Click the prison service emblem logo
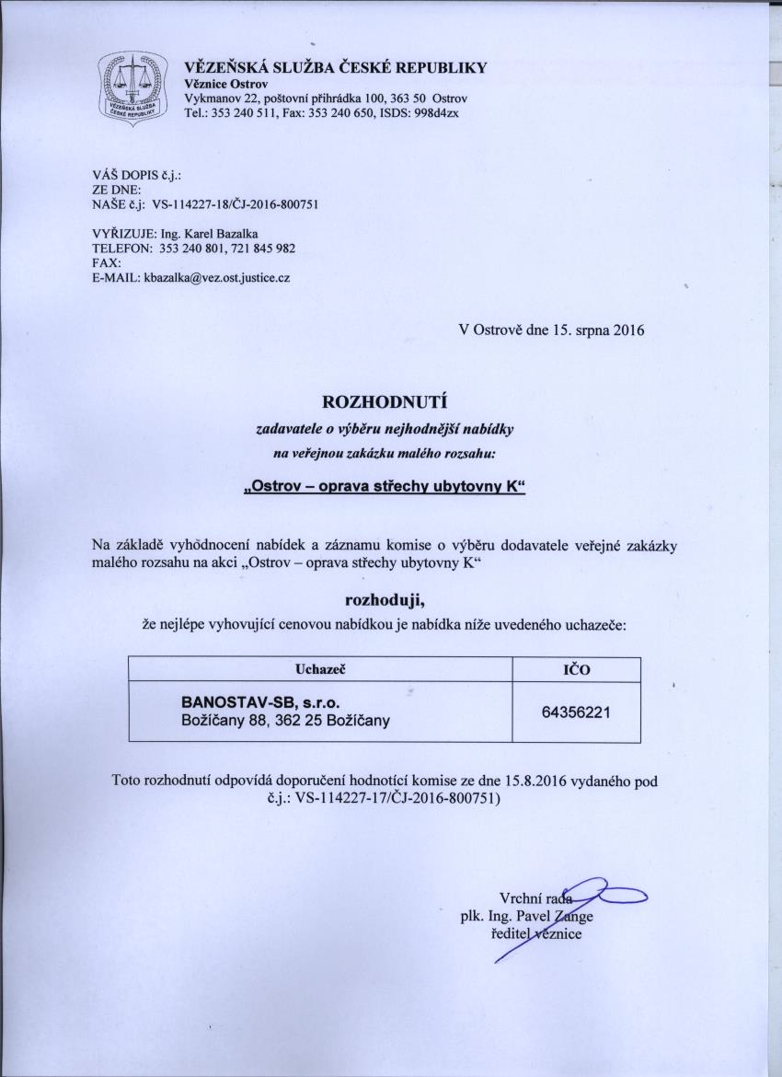133,89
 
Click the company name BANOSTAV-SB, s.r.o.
253,703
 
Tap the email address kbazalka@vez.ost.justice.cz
216,276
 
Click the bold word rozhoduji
383,601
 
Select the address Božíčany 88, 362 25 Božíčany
286,721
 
